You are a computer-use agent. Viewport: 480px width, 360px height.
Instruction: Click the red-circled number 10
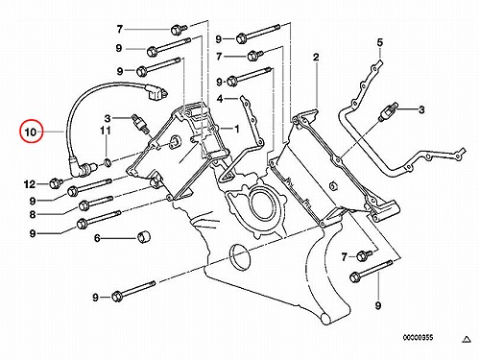coord(31,132)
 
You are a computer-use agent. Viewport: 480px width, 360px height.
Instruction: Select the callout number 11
coord(106,131)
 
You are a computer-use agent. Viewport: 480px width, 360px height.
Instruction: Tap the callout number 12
coord(30,184)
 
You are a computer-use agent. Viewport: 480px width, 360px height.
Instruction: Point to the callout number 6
coord(97,238)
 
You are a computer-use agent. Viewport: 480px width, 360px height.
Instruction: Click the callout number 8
coord(33,214)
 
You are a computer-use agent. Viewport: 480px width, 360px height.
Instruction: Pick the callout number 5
coord(380,42)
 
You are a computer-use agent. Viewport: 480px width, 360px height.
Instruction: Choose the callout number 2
coord(316,58)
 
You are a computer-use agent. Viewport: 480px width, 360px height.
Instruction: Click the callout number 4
coord(220,99)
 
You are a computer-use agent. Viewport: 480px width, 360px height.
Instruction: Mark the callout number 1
coord(237,129)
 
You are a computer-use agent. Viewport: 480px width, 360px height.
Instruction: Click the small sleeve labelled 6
coord(144,237)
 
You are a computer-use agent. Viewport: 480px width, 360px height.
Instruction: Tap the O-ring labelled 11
coord(108,163)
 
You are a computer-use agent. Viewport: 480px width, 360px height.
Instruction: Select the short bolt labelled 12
coord(56,183)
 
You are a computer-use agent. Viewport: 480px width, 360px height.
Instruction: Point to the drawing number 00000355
coord(418,337)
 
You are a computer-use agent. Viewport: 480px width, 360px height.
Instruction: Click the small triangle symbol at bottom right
coord(467,339)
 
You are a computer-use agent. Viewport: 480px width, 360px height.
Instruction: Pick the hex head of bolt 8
coord(84,205)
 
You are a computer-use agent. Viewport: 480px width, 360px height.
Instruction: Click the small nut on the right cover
coord(333,185)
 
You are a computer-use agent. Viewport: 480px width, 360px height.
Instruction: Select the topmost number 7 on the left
coord(120,30)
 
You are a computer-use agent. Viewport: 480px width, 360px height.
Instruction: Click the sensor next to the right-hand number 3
coord(388,112)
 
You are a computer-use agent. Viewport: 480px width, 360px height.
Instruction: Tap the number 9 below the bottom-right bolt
coord(378,305)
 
